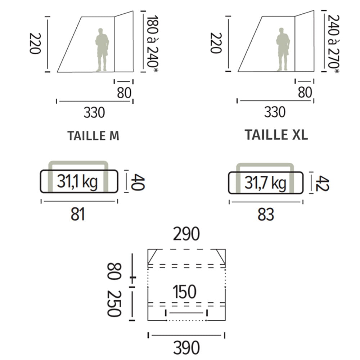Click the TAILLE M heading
(93, 136)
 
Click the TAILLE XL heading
(276, 135)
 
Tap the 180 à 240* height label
(152, 44)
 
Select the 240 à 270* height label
(333, 44)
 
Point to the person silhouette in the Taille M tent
(102, 50)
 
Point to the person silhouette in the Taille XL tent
(283, 49)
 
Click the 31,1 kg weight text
(77, 181)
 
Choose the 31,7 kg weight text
(265, 183)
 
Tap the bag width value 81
(78, 214)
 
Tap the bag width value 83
(266, 215)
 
